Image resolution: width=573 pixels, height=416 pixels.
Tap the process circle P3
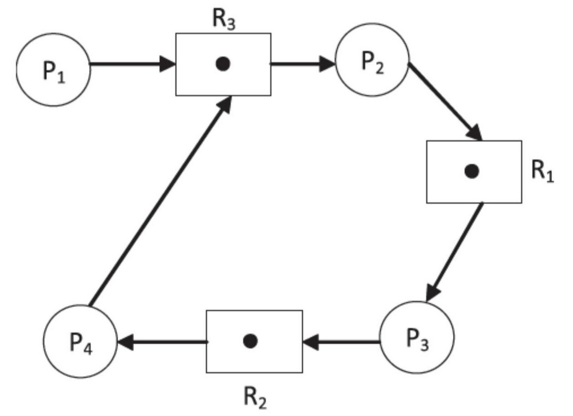[417, 337]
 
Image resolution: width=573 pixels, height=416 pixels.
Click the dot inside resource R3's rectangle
[223, 64]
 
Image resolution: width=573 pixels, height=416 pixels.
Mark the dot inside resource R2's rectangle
[250, 341]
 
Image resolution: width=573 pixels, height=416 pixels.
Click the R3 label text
[223, 20]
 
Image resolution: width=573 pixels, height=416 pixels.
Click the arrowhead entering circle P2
[327, 64]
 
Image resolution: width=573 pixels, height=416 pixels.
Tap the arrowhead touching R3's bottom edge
[224, 104]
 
